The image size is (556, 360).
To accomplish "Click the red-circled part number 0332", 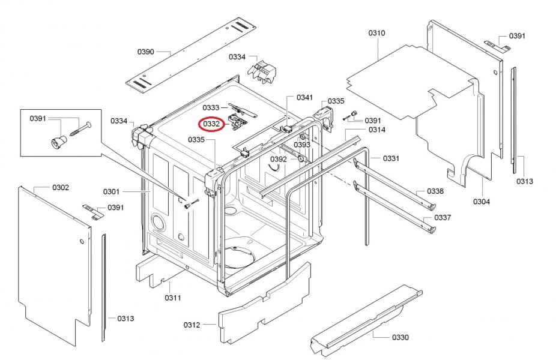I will [210, 124].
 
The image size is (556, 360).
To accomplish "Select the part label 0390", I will [146, 52].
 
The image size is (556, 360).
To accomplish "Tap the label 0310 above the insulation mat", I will [376, 33].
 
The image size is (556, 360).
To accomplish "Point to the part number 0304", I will [481, 202].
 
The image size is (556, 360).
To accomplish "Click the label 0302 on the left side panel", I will [60, 188].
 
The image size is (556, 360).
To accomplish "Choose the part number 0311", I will [173, 298].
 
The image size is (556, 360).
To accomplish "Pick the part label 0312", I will [192, 325].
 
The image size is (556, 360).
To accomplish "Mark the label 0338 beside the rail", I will [435, 191].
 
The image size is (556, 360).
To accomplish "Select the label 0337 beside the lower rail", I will [443, 217].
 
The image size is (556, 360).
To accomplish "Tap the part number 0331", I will [391, 158].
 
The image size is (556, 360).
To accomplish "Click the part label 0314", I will [376, 130].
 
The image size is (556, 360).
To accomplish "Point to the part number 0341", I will [305, 98].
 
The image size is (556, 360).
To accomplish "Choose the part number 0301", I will [111, 192].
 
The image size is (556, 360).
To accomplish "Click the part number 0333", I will [211, 107].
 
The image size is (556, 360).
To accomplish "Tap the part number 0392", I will [278, 160].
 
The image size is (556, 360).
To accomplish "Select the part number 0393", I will [302, 145].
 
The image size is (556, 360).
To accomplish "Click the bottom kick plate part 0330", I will [366, 318].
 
